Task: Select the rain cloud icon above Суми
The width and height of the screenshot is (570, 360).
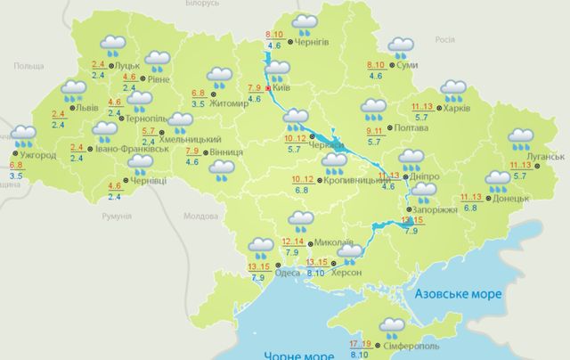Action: pyautogui.click(x=400, y=46)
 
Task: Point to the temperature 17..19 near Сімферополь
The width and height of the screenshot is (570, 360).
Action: pyautogui.click(x=361, y=343)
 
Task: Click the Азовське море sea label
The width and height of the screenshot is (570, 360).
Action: pyautogui.click(x=460, y=293)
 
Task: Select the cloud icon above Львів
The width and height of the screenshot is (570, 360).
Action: pyautogui.click(x=74, y=91)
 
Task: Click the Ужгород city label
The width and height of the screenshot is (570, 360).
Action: pyautogui.click(x=38, y=157)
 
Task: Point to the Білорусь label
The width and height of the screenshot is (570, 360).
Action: pyautogui.click(x=247, y=4)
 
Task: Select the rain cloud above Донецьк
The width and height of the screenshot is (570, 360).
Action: pyautogui.click(x=498, y=181)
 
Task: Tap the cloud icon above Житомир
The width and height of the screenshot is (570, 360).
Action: pyautogui.click(x=216, y=77)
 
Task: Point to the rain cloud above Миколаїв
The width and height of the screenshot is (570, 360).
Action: pyautogui.click(x=301, y=220)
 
